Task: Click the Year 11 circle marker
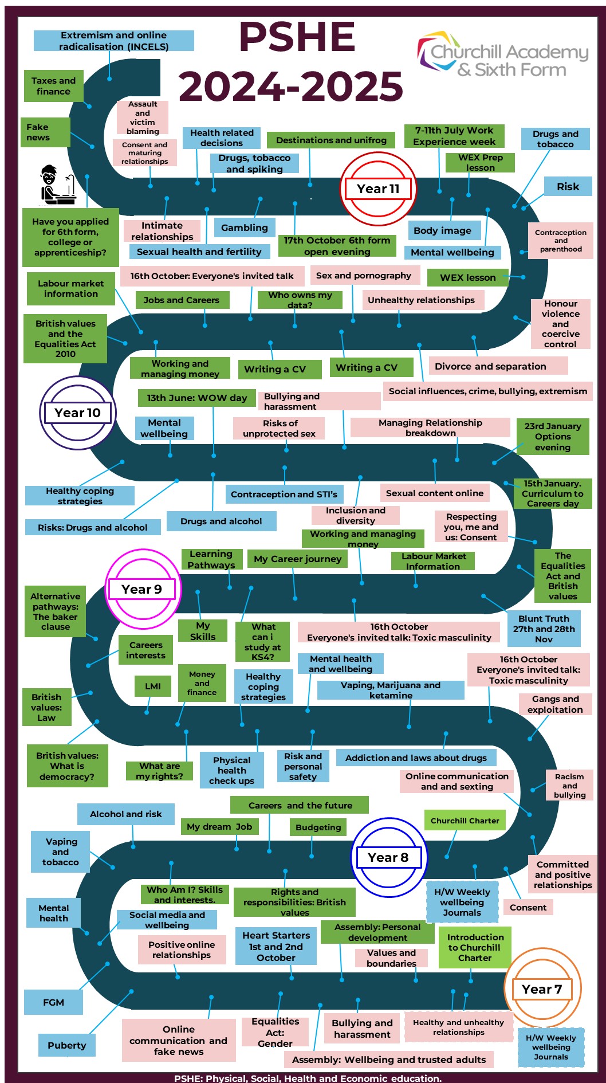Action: pos(378,189)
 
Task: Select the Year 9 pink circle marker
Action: pos(142,589)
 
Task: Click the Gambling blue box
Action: pos(245,227)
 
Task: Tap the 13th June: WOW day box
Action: pos(197,398)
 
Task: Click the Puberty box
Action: pos(67,1045)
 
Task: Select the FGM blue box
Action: pos(53,1002)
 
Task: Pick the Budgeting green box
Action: pos(318,827)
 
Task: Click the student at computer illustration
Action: pos(57,185)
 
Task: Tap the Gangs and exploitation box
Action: pos(555,704)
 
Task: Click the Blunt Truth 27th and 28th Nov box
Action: pos(544,629)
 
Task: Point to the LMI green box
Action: pos(153,686)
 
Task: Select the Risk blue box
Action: pos(568,186)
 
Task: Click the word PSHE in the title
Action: pos(297,37)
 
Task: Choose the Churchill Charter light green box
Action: pos(465,821)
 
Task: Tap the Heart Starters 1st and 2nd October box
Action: pos(276,946)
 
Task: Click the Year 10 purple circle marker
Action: pos(78,413)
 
